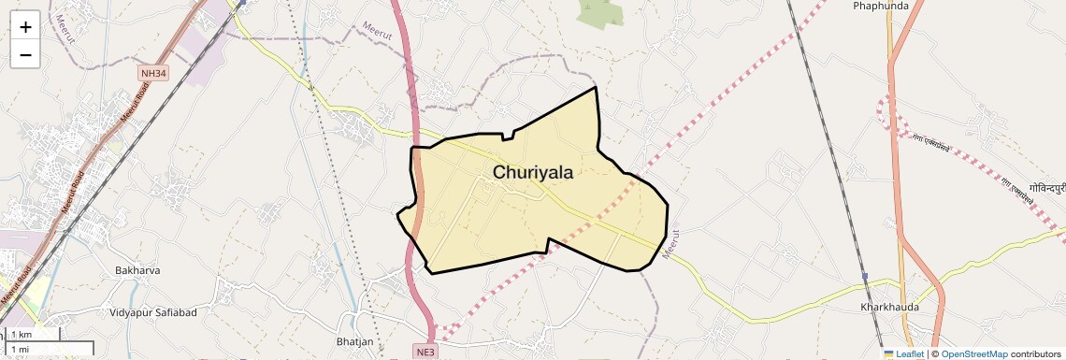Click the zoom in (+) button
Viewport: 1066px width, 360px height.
25,26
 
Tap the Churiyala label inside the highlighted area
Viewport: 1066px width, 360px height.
532,173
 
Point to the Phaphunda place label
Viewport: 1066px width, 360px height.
881,6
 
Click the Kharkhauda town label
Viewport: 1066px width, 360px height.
889,307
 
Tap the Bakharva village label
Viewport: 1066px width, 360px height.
138,270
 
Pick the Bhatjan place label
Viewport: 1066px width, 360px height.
354,341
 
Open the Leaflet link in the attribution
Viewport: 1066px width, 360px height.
910,354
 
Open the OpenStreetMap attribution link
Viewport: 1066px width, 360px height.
973,354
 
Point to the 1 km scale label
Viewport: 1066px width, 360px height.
22,335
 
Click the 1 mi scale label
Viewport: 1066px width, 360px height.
21,349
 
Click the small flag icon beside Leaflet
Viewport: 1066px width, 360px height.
888,354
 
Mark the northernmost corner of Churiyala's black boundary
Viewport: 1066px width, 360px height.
596,88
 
